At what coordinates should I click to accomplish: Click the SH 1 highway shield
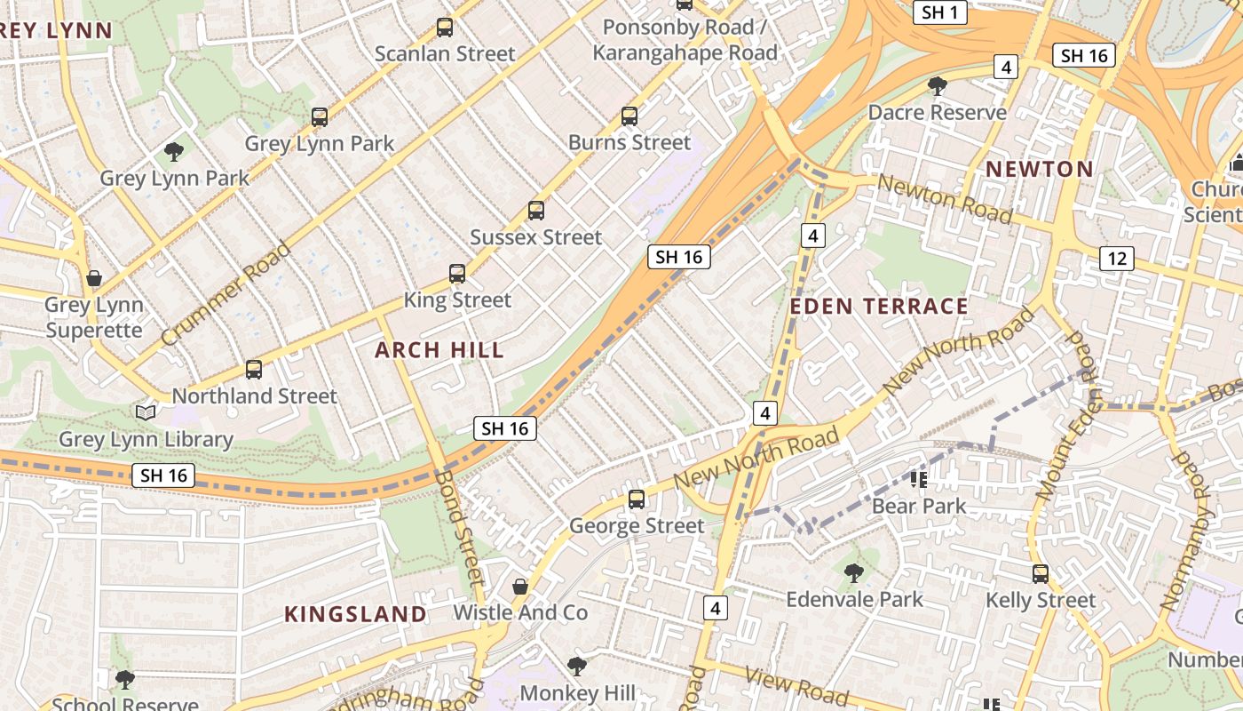939,12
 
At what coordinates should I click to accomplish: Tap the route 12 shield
1116,259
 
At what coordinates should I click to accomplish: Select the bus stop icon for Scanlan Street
445,28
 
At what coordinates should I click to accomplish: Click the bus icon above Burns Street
629,116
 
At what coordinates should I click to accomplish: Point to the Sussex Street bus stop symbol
536,211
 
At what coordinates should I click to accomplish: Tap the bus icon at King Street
457,274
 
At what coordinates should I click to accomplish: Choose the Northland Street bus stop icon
254,370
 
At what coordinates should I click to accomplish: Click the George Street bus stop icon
637,499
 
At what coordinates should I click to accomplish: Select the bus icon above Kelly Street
1041,574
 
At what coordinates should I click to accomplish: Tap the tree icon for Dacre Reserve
937,86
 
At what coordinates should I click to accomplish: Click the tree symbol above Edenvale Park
853,573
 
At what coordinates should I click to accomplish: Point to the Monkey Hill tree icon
577,667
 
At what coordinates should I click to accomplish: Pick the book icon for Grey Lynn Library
146,412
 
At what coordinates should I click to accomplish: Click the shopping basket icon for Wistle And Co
520,587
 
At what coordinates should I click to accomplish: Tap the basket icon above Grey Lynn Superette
94,279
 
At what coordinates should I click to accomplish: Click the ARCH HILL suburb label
439,350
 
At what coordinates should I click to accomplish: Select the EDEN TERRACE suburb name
878,307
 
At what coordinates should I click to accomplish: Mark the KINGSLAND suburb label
355,614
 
